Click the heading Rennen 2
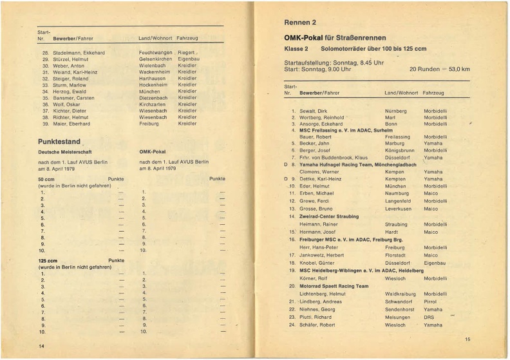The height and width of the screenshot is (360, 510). (300, 23)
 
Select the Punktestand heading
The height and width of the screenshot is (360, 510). (59, 141)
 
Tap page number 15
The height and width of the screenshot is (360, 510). (467, 339)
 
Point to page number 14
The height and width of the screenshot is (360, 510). (41, 346)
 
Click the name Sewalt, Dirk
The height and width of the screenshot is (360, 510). (314, 111)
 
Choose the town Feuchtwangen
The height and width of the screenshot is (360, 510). (156, 52)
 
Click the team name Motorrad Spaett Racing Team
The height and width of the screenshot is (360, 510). (334, 286)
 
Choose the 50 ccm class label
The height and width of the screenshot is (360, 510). (46, 178)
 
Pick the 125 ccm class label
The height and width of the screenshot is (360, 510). (48, 260)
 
